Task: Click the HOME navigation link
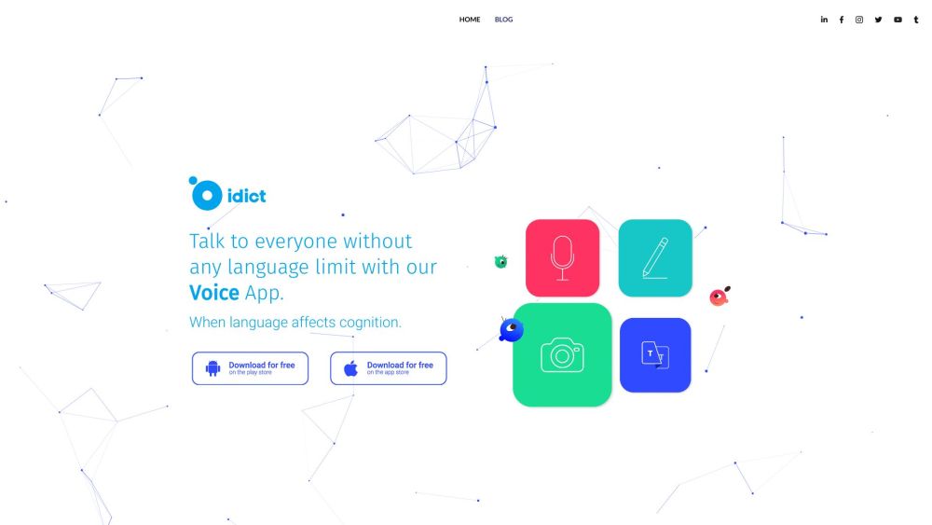click(x=470, y=20)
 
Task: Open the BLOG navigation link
click(x=503, y=20)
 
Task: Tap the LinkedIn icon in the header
click(x=824, y=20)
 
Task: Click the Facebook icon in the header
click(x=842, y=20)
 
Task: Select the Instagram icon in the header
click(x=859, y=20)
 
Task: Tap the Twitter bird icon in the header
click(x=878, y=20)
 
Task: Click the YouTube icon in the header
click(x=898, y=20)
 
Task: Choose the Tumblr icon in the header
click(x=916, y=20)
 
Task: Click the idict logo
click(x=227, y=194)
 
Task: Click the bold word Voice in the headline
click(x=214, y=292)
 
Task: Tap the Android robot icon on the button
click(x=213, y=368)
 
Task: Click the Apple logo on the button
click(x=351, y=368)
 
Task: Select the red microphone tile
click(x=562, y=258)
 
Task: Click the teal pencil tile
click(x=655, y=258)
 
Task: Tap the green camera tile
click(x=562, y=355)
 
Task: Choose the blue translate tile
click(x=655, y=355)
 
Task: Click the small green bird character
click(x=500, y=262)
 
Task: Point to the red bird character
click(x=719, y=297)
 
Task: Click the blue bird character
click(x=511, y=330)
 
